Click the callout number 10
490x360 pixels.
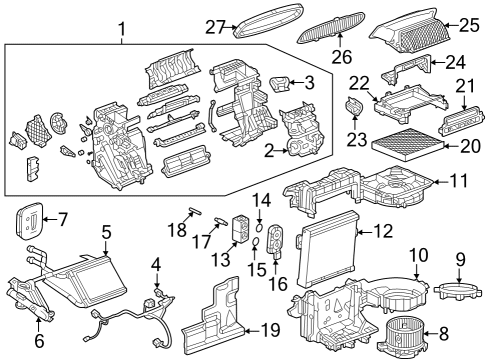pos(419,255)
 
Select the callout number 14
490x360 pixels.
pos(260,200)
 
